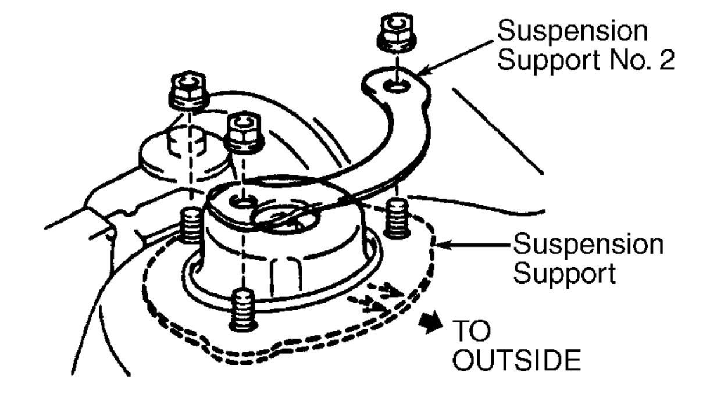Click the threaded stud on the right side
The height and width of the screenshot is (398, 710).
coord(397,217)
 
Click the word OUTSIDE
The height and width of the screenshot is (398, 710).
coord(516,360)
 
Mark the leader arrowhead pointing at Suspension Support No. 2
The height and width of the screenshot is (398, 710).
coord(423,73)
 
